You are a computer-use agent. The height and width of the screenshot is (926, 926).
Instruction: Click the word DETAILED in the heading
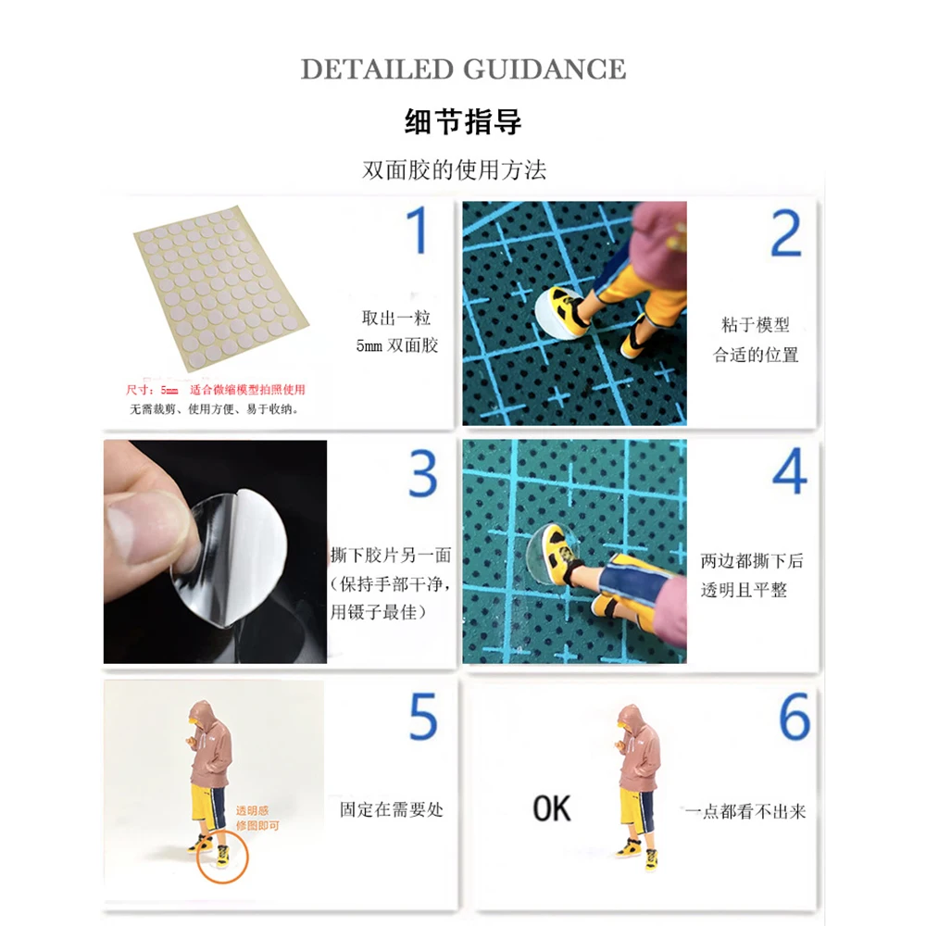pyautogui.click(x=377, y=69)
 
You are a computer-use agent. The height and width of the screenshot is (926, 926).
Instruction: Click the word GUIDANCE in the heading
pyautogui.click(x=544, y=69)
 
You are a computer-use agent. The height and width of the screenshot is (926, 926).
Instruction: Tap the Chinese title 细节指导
pyautogui.click(x=463, y=121)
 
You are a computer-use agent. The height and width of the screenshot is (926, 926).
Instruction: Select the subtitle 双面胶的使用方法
pyautogui.click(x=454, y=170)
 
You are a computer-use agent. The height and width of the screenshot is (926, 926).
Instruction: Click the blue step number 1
pyautogui.click(x=417, y=231)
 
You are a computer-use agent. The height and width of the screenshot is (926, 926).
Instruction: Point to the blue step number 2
pyautogui.click(x=786, y=233)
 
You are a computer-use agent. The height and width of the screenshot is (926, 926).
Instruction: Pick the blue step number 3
pyautogui.click(x=423, y=473)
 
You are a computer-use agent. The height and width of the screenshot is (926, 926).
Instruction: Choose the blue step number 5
pyautogui.click(x=423, y=717)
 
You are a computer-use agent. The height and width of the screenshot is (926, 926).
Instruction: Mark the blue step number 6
pyautogui.click(x=795, y=717)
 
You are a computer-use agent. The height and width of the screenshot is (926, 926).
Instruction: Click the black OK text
pyautogui.click(x=552, y=808)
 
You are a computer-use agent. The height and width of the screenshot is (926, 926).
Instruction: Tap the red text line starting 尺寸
pyautogui.click(x=216, y=390)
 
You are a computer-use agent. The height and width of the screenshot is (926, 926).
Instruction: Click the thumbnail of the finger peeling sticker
pyautogui.click(x=215, y=552)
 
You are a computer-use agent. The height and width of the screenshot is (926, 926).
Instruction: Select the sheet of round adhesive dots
pyautogui.click(x=221, y=289)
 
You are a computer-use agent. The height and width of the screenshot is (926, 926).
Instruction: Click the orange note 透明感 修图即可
pyautogui.click(x=257, y=819)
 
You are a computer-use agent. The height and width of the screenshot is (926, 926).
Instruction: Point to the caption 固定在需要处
pyautogui.click(x=392, y=809)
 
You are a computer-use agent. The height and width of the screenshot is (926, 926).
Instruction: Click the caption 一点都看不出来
pyautogui.click(x=745, y=811)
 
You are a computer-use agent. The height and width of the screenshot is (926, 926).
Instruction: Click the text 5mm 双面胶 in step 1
pyautogui.click(x=397, y=345)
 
